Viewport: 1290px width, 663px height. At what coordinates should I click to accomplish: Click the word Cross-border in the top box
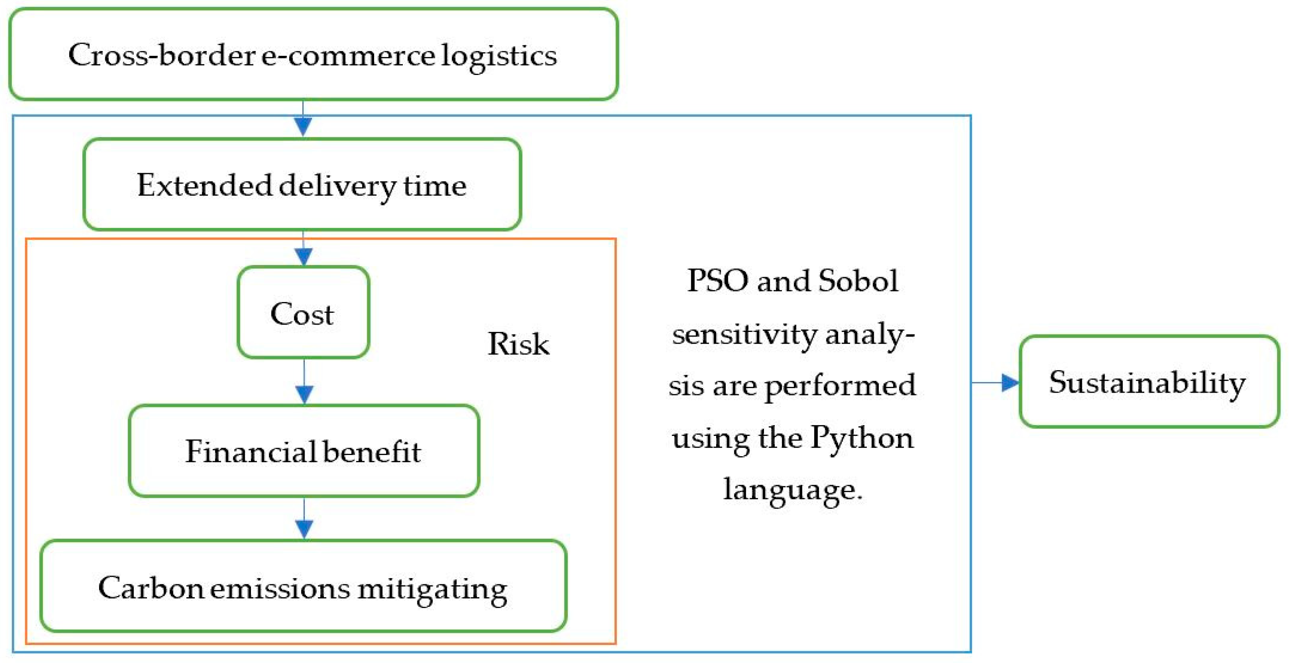coord(162,55)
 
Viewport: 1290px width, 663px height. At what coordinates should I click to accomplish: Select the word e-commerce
coord(348,55)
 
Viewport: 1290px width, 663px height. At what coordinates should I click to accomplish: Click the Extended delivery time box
coord(302,185)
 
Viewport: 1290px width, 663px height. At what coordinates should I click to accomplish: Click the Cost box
coord(303,313)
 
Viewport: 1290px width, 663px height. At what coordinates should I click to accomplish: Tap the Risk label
coord(518,344)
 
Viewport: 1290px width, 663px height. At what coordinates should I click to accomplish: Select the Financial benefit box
coord(303,451)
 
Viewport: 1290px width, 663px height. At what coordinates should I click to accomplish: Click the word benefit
coord(371,451)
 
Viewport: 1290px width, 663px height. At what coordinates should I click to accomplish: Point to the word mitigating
coord(432,588)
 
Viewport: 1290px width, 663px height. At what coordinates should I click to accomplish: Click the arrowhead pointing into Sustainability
coord(1010,383)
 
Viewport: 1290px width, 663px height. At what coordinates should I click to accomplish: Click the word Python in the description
coord(861,438)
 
